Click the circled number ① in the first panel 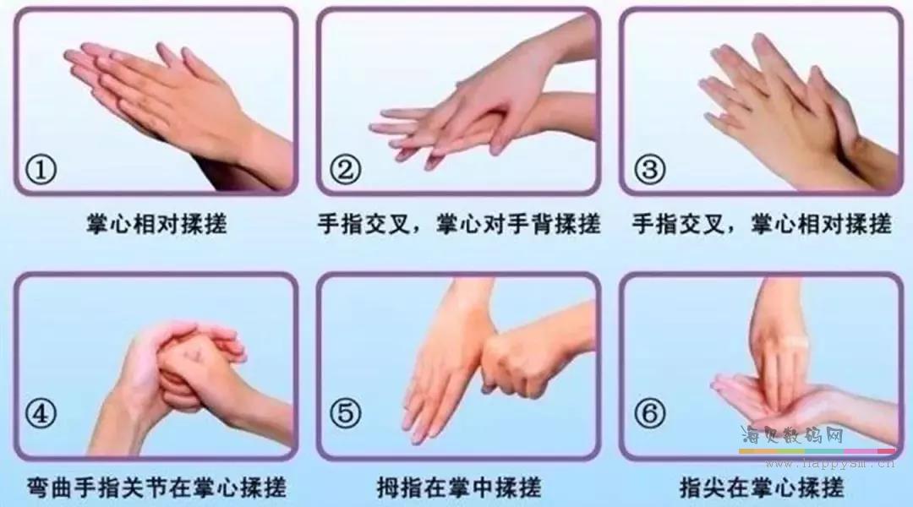pyautogui.click(x=41, y=171)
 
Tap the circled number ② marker pyautogui.click(x=345, y=170)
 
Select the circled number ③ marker pyautogui.click(x=649, y=169)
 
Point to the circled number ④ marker pyautogui.click(x=41, y=413)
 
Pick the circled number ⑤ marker pyautogui.click(x=345, y=413)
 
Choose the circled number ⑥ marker pyautogui.click(x=649, y=413)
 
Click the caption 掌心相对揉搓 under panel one pyautogui.click(x=156, y=224)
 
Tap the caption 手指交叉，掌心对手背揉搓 pyautogui.click(x=459, y=224)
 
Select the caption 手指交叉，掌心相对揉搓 pyautogui.click(x=762, y=224)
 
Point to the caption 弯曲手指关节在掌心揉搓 pyautogui.click(x=156, y=488)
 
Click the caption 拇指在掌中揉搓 pyautogui.click(x=459, y=488)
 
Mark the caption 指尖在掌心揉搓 pyautogui.click(x=762, y=488)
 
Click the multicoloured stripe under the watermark pyautogui.click(x=817, y=451)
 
